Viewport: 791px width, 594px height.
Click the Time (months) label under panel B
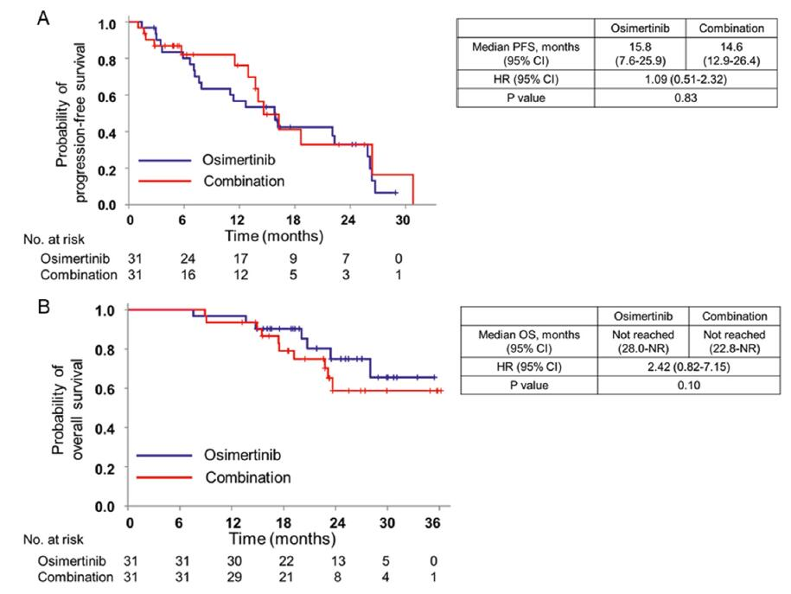pyautogui.click(x=284, y=539)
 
